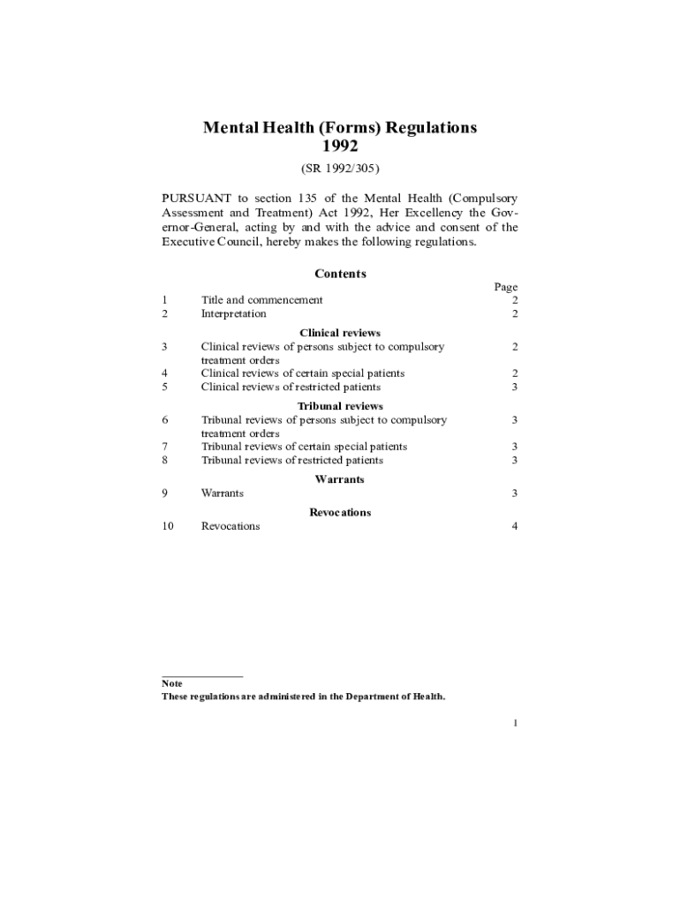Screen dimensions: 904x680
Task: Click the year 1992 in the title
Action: coord(340,146)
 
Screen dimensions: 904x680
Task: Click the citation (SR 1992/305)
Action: coord(340,168)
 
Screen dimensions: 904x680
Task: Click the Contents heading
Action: coord(340,274)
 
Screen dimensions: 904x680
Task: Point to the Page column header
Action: coord(506,287)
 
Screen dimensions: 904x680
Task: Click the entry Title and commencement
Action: coord(261,300)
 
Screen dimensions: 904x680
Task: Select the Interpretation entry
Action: coord(233,313)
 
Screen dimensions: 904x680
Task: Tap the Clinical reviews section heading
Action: coord(340,333)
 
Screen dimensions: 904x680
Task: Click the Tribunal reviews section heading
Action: coord(340,406)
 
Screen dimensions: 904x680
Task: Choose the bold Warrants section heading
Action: coord(340,479)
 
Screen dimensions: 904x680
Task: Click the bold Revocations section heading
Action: coord(340,512)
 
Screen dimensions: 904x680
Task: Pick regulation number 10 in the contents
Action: coord(168,526)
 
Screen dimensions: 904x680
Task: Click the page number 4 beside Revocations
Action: coord(514,526)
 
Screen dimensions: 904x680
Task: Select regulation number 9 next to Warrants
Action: coord(165,493)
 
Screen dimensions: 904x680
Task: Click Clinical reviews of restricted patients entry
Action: coord(291,387)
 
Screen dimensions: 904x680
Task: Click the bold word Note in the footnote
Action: coord(172,683)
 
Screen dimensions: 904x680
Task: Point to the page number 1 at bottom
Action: coord(514,724)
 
